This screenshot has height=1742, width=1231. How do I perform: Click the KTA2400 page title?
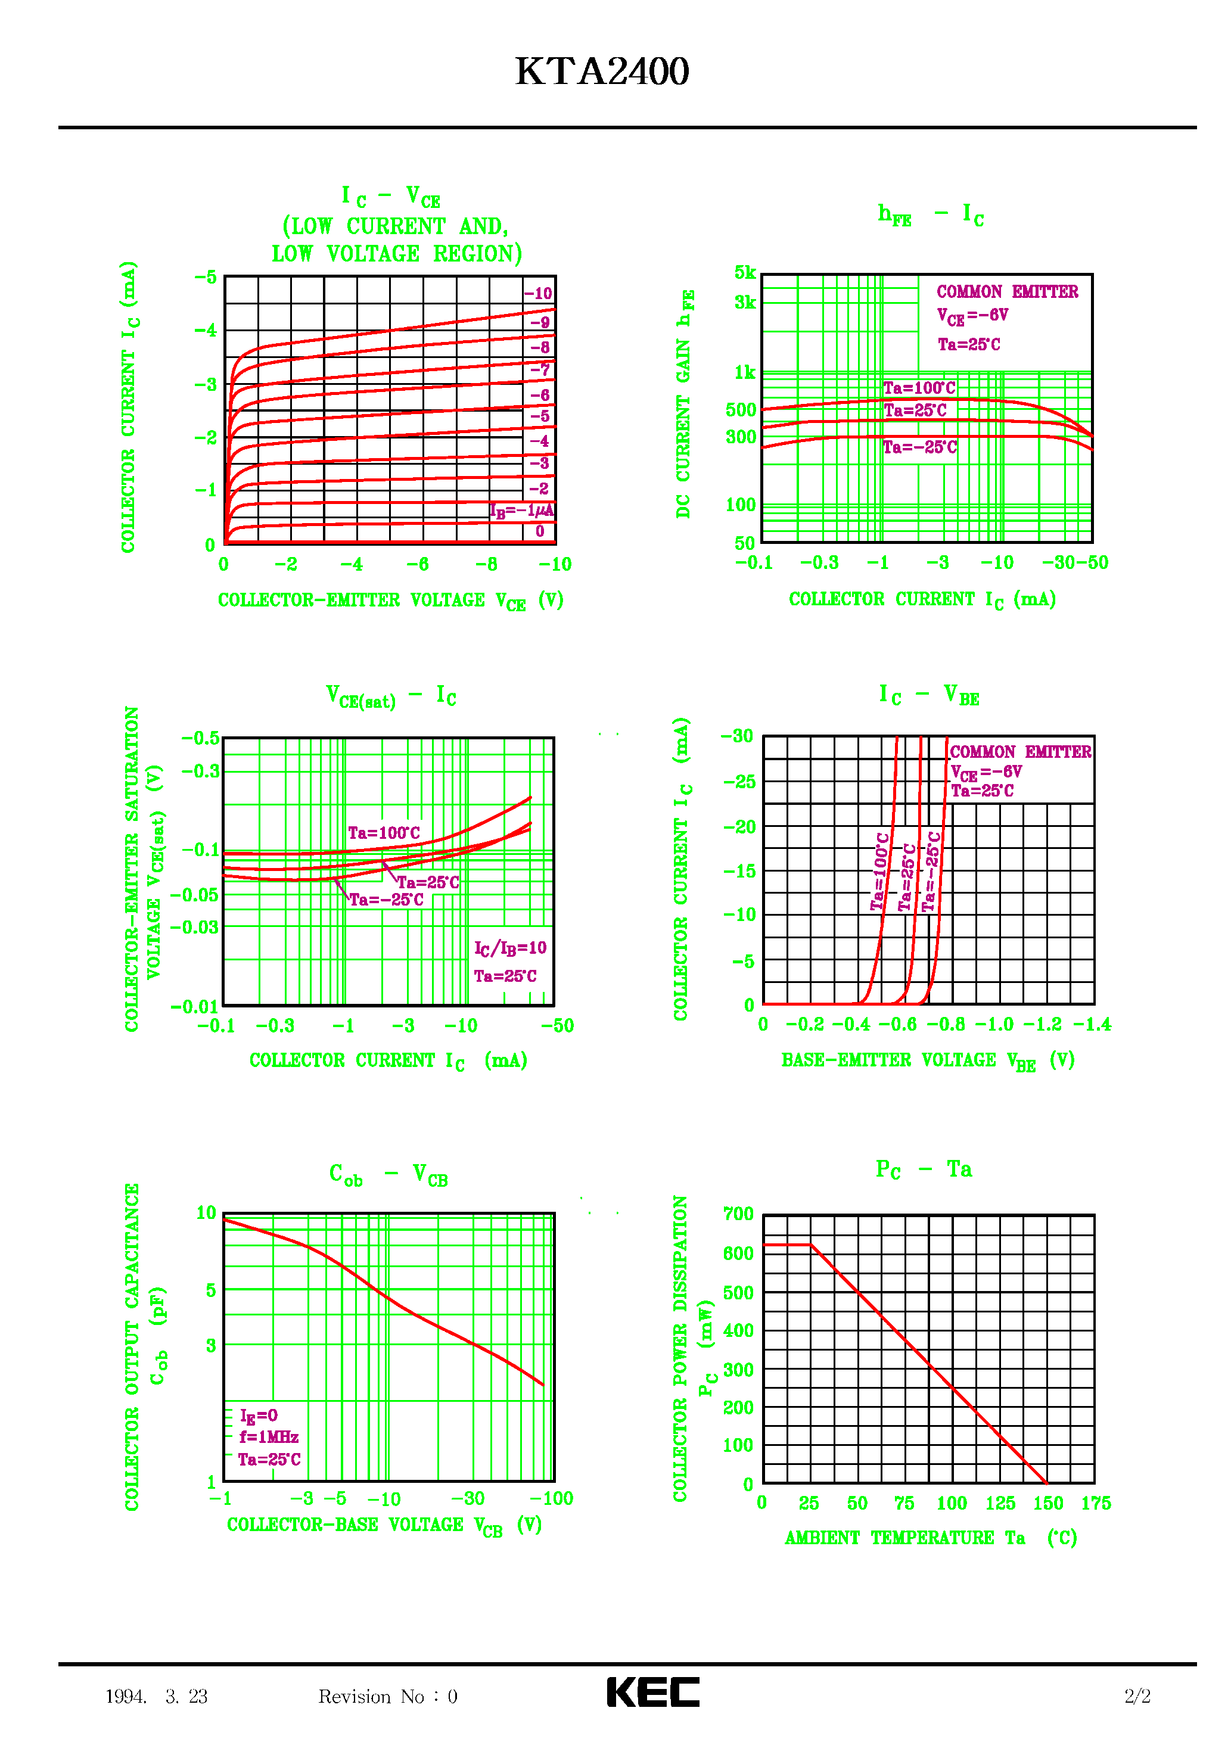tap(602, 72)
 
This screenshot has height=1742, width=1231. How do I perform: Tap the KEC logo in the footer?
tap(652, 1692)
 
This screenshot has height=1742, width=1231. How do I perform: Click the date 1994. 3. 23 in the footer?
tap(156, 1697)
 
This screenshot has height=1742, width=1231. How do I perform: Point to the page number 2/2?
tap(1137, 1697)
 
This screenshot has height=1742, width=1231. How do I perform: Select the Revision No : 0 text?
tap(388, 1697)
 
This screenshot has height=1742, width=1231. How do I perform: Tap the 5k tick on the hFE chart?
tap(745, 273)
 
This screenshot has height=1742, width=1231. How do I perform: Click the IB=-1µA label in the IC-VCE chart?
tap(521, 511)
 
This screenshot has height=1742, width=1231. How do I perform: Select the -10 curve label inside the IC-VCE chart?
tap(538, 294)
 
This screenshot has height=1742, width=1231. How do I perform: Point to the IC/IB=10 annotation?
tap(510, 948)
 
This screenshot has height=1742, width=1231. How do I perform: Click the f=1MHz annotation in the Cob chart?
tap(269, 1437)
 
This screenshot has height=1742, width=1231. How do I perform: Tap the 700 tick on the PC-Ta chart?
tap(738, 1214)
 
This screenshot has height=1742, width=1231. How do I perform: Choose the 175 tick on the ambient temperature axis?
tap(1095, 1503)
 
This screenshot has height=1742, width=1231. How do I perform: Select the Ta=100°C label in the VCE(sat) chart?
tap(384, 833)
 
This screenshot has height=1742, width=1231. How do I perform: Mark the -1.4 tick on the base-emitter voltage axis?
tap(1092, 1024)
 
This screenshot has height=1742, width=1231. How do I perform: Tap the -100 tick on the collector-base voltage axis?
tap(552, 1498)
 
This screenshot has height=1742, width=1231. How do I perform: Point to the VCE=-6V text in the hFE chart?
tap(972, 316)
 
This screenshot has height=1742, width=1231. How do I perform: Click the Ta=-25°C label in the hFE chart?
tap(920, 447)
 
